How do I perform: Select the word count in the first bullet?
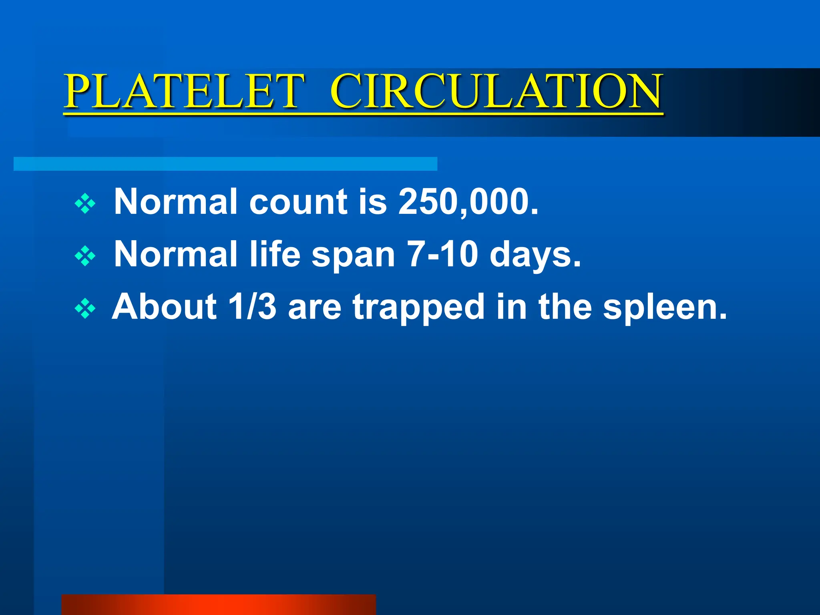(x=298, y=202)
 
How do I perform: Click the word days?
(x=535, y=255)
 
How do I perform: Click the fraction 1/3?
(x=252, y=307)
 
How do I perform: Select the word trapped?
(x=418, y=307)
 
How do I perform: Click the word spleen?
(x=665, y=307)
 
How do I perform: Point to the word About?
(x=164, y=307)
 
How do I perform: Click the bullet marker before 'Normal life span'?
(x=85, y=256)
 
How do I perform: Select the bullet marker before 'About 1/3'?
(x=85, y=309)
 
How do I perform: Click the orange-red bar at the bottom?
(x=219, y=605)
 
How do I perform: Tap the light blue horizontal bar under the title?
(x=225, y=164)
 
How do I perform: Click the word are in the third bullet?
(x=314, y=307)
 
